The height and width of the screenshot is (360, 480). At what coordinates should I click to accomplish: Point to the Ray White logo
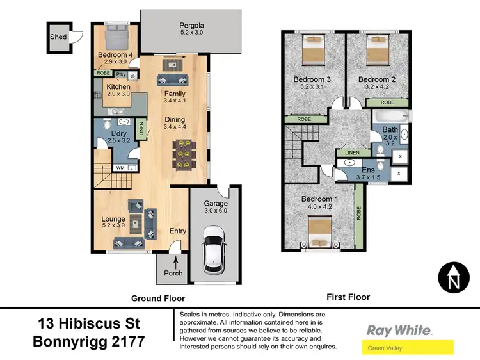(x=399, y=331)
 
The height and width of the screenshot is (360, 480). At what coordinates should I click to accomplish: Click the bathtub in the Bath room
(x=391, y=117)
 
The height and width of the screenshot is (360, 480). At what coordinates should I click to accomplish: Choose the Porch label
(x=173, y=273)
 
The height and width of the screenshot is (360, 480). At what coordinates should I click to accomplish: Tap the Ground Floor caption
(x=158, y=298)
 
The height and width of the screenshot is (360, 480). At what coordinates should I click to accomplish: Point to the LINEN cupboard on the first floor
(x=352, y=153)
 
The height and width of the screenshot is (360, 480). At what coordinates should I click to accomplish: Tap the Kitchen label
(x=119, y=87)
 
